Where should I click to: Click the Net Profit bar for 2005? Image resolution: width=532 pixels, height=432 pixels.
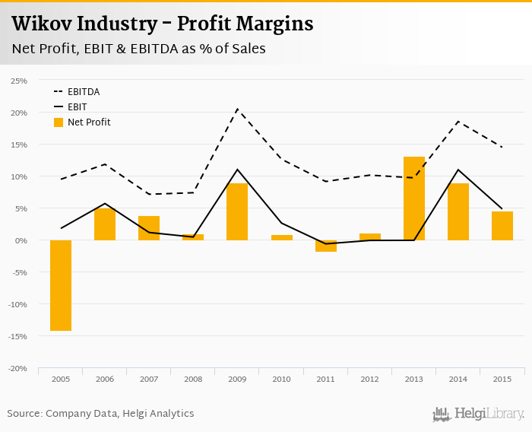coord(61,285)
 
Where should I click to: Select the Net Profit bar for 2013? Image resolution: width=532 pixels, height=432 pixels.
coord(413,199)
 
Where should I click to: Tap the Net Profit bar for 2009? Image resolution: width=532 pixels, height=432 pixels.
coord(237,212)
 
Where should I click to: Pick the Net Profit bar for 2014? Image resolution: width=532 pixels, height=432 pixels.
coord(458,212)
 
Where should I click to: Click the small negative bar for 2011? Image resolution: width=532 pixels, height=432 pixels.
coord(325,246)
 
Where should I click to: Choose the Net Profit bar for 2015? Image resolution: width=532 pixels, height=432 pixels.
coord(502,226)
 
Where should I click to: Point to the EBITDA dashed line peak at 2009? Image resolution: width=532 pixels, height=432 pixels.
coord(237,109)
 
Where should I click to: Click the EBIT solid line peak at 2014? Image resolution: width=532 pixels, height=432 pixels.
coord(458,170)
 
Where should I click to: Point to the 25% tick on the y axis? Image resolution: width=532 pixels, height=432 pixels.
coord(19,81)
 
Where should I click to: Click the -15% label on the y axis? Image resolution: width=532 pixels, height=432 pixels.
coord(18,336)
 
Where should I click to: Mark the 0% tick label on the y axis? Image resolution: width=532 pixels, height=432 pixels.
coord(21,240)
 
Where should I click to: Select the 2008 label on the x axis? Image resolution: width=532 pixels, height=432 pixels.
coord(193,379)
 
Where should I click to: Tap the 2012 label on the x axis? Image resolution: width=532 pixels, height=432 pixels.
coord(369,379)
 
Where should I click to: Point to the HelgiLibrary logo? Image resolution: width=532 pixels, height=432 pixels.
coord(479,414)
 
